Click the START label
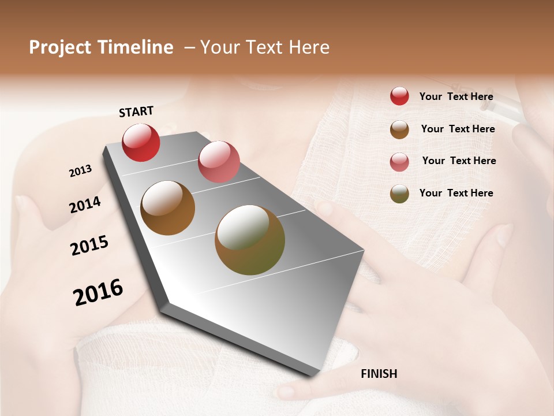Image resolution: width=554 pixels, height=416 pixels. point(136,112)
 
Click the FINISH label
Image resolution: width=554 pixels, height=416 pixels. point(379,374)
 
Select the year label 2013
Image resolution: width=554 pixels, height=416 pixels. point(80,171)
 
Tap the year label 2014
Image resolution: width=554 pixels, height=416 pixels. point(85,205)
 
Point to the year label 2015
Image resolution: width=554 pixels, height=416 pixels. point(89,246)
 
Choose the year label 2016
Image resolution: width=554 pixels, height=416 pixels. point(98,292)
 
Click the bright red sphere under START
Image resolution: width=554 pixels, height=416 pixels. point(141,142)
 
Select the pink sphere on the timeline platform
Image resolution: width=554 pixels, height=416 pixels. point(219,162)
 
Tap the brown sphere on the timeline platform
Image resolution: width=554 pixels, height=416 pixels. point(168,208)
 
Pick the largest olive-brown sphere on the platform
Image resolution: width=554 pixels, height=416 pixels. point(250,240)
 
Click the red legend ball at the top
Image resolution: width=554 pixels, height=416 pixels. point(399,96)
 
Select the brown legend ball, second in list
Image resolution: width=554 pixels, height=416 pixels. point(399,129)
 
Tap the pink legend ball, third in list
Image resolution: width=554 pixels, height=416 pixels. point(399,162)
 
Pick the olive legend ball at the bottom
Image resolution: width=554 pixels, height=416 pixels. point(399,194)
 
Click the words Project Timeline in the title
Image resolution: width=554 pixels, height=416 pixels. point(101,47)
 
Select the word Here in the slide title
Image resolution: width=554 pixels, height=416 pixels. point(309,47)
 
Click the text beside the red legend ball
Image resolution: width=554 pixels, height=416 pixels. point(456,96)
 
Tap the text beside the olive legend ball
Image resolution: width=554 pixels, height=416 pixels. point(456,193)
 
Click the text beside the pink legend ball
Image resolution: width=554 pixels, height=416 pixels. point(459,161)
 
